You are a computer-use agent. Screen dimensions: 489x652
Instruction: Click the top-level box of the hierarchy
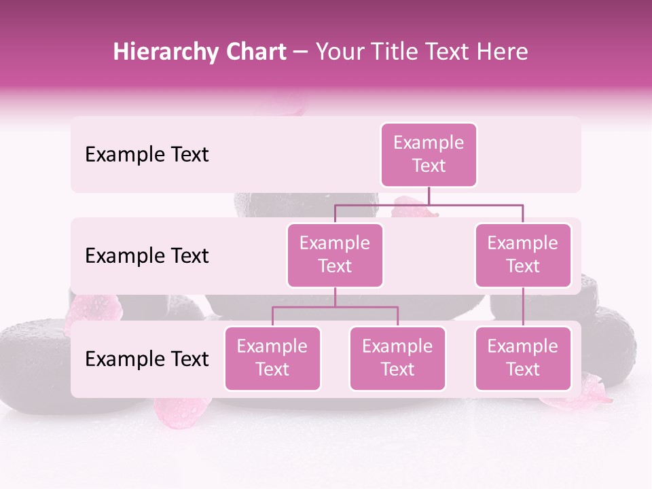click(x=429, y=155)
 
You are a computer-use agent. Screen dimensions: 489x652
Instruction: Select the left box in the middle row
click(x=335, y=255)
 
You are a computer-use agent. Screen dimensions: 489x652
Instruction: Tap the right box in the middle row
click(x=523, y=255)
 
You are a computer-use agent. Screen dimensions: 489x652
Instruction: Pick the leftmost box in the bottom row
click(x=272, y=358)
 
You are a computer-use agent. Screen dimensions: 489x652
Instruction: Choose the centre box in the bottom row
click(x=397, y=358)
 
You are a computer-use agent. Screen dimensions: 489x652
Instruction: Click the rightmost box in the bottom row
click(x=523, y=358)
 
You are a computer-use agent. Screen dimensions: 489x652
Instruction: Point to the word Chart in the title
click(x=253, y=52)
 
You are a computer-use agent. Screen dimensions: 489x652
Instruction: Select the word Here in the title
click(x=503, y=52)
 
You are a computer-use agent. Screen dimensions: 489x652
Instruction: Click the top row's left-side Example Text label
click(x=147, y=155)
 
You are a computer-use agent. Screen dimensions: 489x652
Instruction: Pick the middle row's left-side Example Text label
click(x=147, y=256)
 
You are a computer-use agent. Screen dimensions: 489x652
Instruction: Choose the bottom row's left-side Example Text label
click(x=147, y=359)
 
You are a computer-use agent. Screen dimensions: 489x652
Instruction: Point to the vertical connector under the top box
click(x=429, y=196)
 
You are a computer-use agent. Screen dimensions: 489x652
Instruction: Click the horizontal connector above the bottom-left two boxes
click(x=335, y=307)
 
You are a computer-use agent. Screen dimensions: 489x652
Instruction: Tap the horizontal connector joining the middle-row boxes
click(x=429, y=204)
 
